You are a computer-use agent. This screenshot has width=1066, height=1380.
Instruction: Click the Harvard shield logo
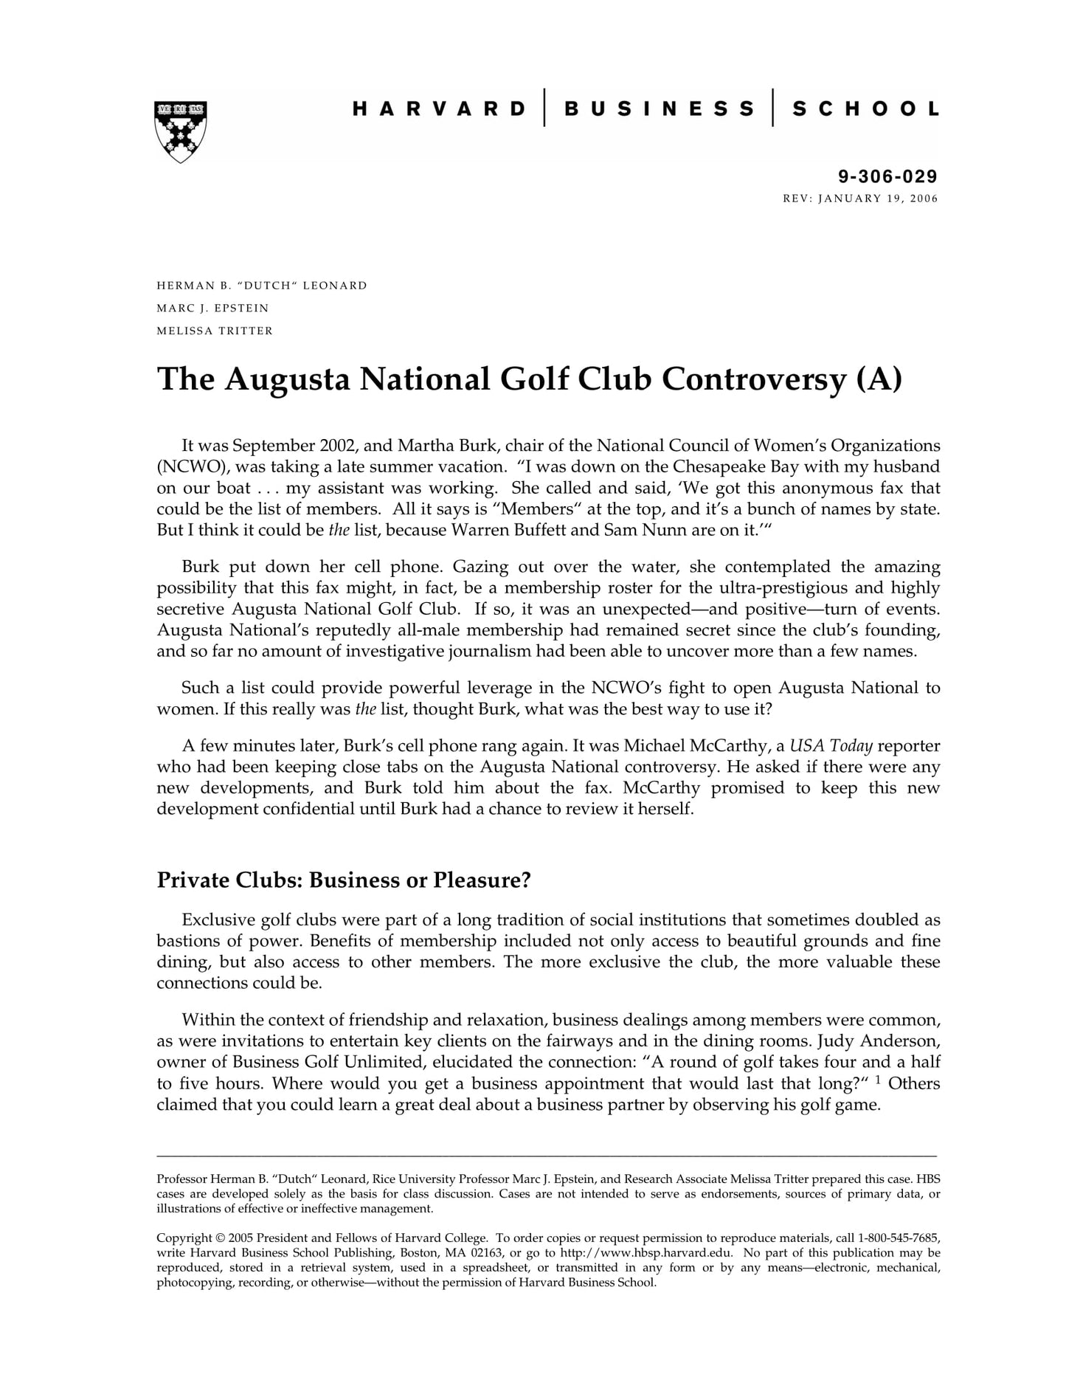tap(181, 131)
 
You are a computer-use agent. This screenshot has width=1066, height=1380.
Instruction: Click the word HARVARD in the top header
tap(439, 109)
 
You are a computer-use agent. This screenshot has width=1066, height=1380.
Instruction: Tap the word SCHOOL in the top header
tap(865, 109)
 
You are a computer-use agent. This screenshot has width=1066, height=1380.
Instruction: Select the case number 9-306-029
tap(887, 176)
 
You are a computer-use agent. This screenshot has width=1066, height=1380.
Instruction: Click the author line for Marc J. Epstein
tap(213, 308)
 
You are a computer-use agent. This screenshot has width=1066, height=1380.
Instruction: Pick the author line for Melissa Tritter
tap(215, 331)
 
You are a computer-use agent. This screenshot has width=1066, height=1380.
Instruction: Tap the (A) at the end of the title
tap(879, 379)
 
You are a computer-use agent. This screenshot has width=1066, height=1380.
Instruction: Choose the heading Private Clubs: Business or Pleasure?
tap(344, 880)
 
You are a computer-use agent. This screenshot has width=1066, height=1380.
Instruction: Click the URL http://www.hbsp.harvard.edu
tap(646, 1252)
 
